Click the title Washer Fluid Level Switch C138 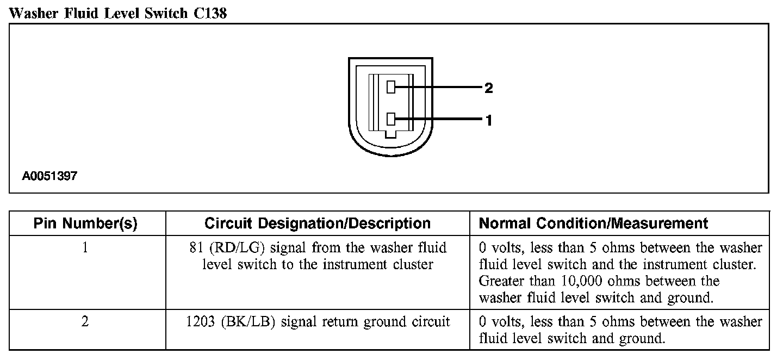pyautogui.click(x=118, y=13)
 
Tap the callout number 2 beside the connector pyautogui.click(x=488, y=88)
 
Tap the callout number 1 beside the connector pyautogui.click(x=488, y=121)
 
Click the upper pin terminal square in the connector pyautogui.click(x=390, y=87)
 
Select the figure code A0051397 pyautogui.click(x=50, y=176)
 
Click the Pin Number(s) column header pyautogui.click(x=85, y=224)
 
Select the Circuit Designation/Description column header pyautogui.click(x=318, y=224)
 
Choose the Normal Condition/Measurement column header pyautogui.click(x=593, y=224)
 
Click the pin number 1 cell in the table pyautogui.click(x=85, y=248)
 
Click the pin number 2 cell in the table pyautogui.click(x=85, y=322)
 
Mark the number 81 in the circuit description pyautogui.click(x=192, y=249)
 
